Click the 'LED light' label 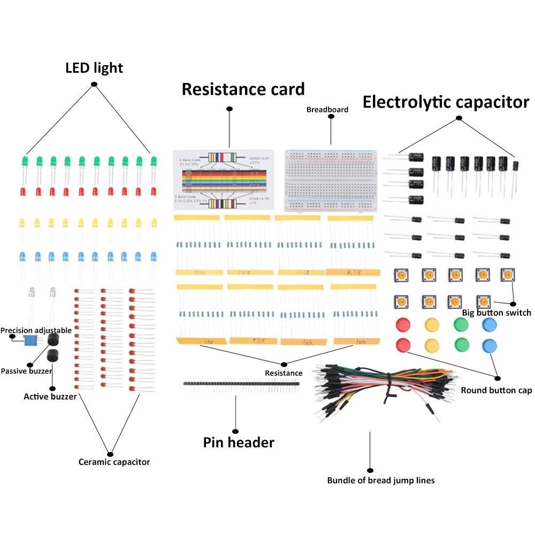94,68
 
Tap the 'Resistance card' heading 243,89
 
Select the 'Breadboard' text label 327,110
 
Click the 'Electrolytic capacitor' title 446,102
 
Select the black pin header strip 241,384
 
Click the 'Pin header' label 239,442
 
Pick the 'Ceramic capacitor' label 114,462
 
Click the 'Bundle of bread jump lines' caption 380,480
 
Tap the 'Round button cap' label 496,390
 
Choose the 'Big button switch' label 496,312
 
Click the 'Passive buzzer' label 26,371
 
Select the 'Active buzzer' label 50,396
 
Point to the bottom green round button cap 461,345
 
